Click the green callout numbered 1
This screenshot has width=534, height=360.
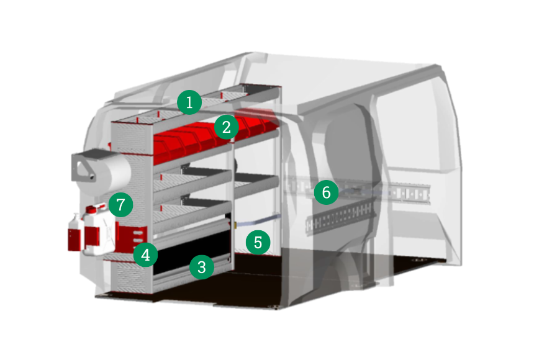point(189,102)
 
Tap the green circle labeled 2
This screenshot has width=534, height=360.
point(227,127)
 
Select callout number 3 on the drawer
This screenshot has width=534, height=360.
point(202,267)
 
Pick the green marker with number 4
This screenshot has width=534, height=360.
point(145,254)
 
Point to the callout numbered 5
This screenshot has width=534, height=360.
point(258,242)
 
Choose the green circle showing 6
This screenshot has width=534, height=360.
point(326,192)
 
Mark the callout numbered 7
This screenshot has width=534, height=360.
point(121,205)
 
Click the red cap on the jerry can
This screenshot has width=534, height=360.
point(91,209)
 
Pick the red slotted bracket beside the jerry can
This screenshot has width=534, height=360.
point(131,238)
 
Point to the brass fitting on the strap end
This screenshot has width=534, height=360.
point(235,225)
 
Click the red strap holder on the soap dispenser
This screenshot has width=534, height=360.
point(75,240)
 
